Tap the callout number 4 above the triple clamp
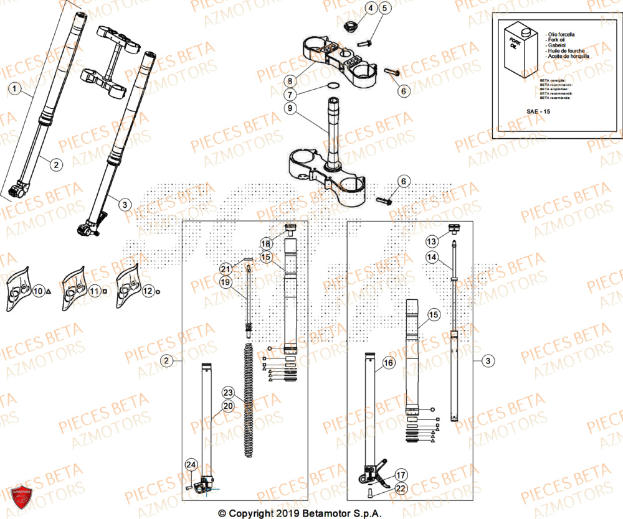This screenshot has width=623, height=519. [x=370, y=9]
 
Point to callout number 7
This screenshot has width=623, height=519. [x=290, y=95]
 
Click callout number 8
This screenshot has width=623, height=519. [x=290, y=81]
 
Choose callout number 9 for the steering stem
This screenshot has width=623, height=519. [x=290, y=108]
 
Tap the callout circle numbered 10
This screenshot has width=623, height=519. [x=38, y=291]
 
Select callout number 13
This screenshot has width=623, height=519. [x=431, y=241]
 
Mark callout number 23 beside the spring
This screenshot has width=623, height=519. [x=228, y=393]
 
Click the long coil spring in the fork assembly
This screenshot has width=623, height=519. [x=249, y=398]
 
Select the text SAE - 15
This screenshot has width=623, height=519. [x=539, y=111]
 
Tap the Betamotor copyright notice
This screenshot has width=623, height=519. [x=299, y=513]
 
